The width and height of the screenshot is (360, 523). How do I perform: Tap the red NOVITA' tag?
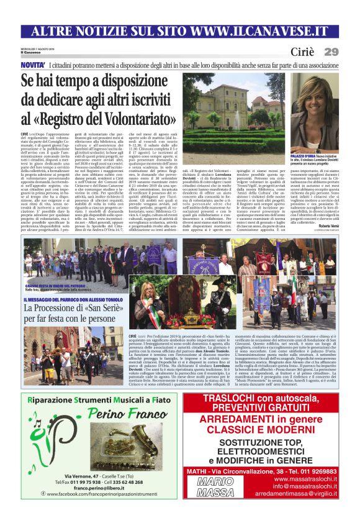point(32,65)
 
